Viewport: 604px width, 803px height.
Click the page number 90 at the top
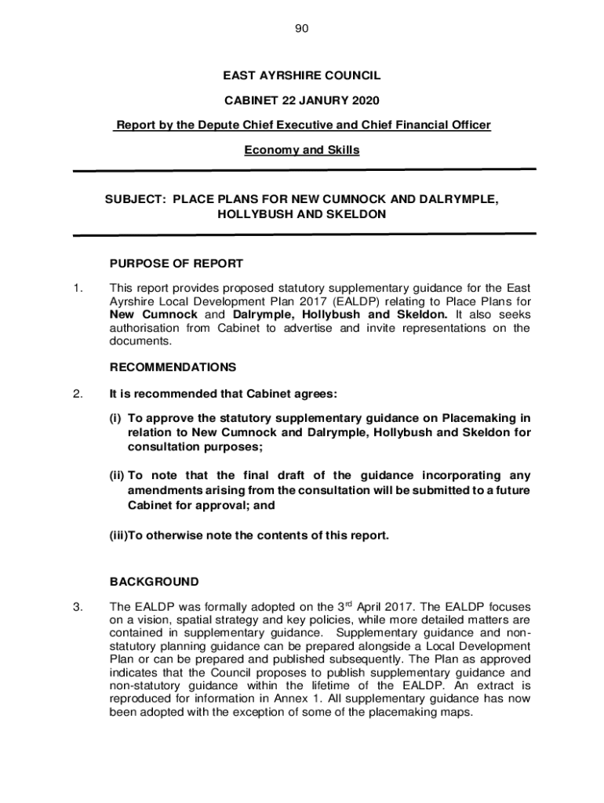tap(302, 29)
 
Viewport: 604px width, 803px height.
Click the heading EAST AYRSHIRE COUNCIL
tap(302, 76)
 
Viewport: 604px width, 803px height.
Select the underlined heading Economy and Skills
tap(302, 150)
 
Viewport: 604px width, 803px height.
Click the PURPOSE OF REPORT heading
tap(176, 263)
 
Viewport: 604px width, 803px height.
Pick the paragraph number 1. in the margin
tap(78, 288)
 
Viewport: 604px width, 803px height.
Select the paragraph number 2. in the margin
tap(78, 394)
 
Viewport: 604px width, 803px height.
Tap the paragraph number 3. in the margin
tap(78, 606)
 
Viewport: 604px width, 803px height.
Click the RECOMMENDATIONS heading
tap(173, 367)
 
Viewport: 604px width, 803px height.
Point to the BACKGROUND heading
tap(154, 582)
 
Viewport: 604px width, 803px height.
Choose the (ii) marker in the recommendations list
tap(117, 475)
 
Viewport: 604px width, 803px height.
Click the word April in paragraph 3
tap(376, 606)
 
